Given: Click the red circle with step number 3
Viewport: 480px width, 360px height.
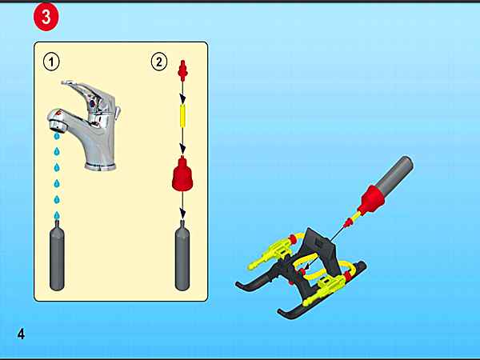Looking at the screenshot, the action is click(46, 17).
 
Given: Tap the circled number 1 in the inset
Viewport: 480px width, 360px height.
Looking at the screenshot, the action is click(51, 62).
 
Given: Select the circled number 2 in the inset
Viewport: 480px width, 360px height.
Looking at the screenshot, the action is click(159, 62).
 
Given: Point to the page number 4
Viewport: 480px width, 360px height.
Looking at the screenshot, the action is click(21, 334).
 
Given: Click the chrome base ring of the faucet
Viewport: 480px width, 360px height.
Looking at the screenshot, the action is click(101, 166).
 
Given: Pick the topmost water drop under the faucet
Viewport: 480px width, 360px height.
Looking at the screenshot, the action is click(57, 136).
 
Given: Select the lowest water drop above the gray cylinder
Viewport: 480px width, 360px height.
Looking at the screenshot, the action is click(57, 215).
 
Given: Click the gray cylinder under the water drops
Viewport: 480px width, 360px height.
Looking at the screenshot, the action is click(57, 256).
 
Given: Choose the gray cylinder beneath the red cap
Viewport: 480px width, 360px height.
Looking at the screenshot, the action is click(182, 256).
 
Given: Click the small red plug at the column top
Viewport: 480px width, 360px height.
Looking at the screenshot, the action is click(182, 70).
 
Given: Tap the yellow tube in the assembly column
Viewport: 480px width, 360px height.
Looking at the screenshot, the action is click(182, 115).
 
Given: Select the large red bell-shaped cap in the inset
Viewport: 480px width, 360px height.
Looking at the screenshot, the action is click(182, 174).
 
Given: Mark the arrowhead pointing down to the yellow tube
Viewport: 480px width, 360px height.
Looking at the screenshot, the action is click(182, 99).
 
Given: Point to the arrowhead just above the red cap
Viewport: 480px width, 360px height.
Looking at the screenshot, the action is click(182, 150).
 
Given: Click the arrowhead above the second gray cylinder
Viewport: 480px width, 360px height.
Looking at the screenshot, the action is click(182, 214).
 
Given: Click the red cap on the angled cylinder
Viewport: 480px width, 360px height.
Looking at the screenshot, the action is click(371, 199).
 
